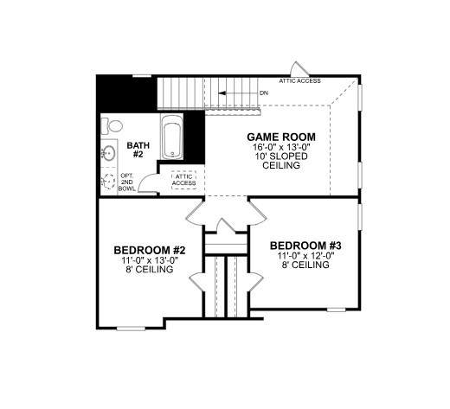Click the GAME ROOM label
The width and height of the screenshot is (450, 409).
(281, 137)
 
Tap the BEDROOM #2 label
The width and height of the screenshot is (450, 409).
(150, 250)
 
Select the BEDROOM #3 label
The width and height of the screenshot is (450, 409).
(305, 246)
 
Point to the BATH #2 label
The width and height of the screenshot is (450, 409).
(138, 150)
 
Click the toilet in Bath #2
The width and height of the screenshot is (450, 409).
(112, 126)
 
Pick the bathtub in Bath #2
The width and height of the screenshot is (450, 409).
(172, 137)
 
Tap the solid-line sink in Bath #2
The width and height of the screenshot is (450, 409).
(109, 153)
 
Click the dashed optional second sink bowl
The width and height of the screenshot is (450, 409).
(109, 182)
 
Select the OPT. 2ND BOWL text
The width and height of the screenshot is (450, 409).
(126, 182)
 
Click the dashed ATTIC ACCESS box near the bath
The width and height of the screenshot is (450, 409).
(183, 180)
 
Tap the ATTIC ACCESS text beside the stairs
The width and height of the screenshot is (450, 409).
(299, 81)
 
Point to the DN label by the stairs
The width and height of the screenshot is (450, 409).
(264, 93)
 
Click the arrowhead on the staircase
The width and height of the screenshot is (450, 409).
(222, 93)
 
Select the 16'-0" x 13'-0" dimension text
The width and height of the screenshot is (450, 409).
(281, 147)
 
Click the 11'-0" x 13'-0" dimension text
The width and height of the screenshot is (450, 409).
(150, 260)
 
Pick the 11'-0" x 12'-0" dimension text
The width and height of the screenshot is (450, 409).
(305, 256)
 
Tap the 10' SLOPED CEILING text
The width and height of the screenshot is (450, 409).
(281, 161)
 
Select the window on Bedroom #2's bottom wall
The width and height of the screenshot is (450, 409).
(131, 329)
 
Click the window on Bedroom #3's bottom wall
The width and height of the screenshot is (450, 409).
(337, 310)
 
